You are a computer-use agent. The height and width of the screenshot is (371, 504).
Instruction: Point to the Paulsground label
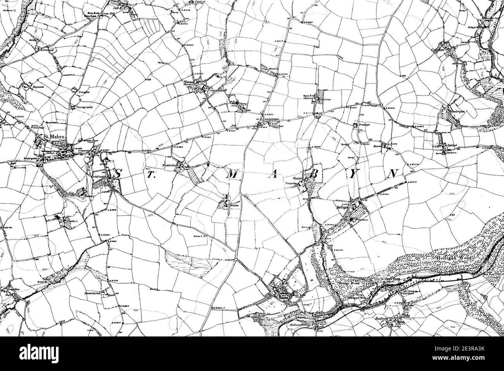(83, 106)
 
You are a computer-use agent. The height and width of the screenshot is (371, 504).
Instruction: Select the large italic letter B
(315, 175)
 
